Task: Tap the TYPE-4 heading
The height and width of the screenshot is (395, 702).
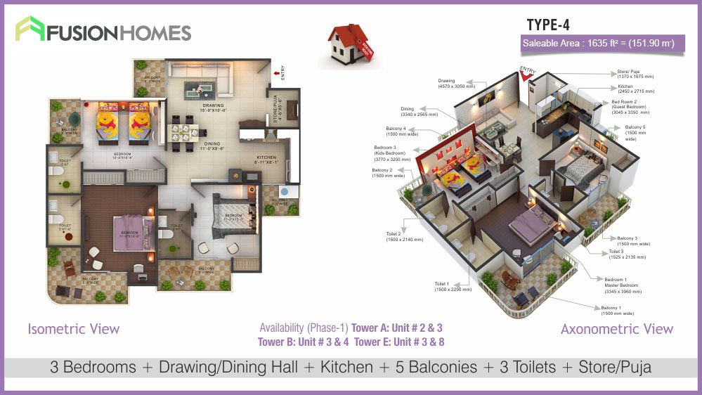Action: (547, 25)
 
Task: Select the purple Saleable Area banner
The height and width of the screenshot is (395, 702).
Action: (598, 44)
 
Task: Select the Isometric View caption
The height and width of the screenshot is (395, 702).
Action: (74, 329)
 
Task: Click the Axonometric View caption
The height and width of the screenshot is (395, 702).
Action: (616, 329)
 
